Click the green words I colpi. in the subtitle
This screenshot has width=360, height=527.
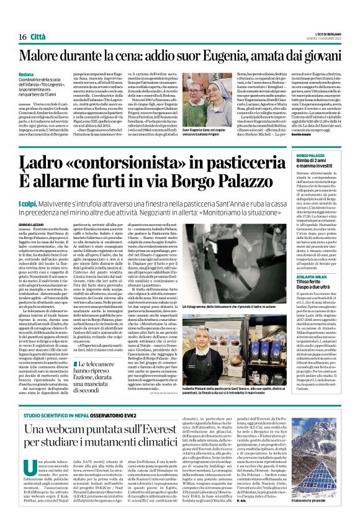[x=28, y=203]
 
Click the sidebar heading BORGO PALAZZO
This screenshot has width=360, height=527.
[x=310, y=155]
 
